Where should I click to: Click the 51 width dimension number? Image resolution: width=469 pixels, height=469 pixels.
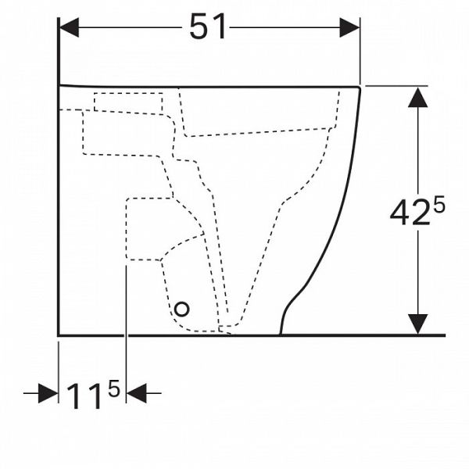[208, 27]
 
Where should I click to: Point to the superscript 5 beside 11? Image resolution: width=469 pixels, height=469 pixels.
[114, 388]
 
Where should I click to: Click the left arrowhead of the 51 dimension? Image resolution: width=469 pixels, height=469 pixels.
[70, 27]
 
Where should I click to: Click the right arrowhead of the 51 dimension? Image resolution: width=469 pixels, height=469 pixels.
[349, 27]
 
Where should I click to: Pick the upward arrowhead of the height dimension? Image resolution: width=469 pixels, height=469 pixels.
[417, 98]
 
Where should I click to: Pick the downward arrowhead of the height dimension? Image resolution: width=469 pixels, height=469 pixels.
[417, 324]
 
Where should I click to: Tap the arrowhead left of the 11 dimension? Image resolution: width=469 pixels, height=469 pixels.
[48, 393]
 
